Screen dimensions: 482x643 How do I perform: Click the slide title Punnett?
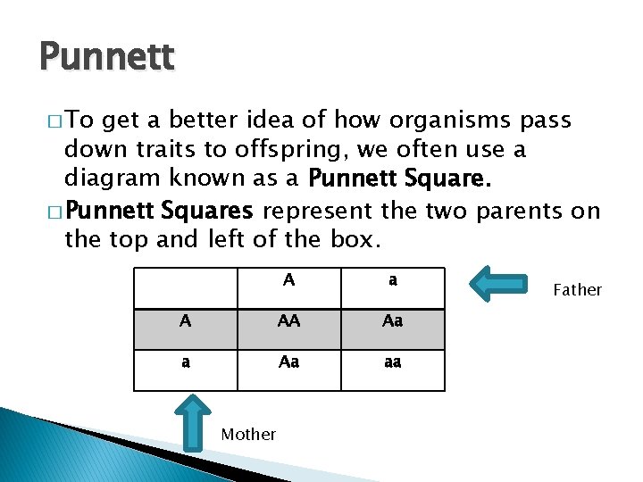(x=107, y=58)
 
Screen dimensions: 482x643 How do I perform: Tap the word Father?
(x=578, y=289)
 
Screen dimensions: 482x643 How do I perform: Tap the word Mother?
(x=248, y=434)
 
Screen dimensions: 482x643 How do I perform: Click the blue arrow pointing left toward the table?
(x=500, y=283)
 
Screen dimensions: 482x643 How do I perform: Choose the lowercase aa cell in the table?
(x=392, y=362)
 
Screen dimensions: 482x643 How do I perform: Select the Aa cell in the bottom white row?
(x=288, y=362)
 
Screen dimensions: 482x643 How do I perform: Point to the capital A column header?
(x=288, y=280)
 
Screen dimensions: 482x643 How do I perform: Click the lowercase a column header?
(x=392, y=280)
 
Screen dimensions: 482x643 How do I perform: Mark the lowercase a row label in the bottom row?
(x=185, y=362)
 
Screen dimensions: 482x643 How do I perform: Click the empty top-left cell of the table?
(x=185, y=286)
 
